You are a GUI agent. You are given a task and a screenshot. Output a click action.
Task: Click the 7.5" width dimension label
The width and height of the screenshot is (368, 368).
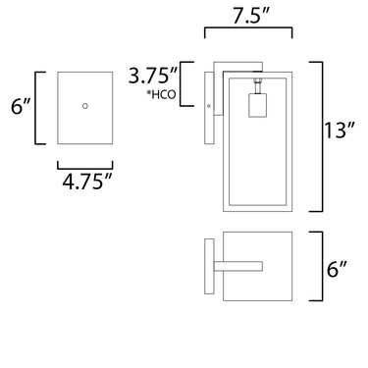pyautogui.click(x=251, y=16)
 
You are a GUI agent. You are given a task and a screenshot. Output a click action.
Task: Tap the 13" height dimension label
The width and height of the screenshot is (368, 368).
pyautogui.click(x=340, y=131)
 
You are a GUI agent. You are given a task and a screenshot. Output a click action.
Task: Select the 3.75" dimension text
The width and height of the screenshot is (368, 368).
pyautogui.click(x=153, y=76)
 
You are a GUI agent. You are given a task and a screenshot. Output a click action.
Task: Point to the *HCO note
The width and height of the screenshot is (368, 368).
pyautogui.click(x=161, y=94)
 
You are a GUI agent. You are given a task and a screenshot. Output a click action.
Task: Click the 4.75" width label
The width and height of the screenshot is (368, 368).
pyautogui.click(x=87, y=182)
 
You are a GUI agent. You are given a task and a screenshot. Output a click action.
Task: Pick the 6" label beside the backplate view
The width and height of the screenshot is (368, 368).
pyautogui.click(x=21, y=106)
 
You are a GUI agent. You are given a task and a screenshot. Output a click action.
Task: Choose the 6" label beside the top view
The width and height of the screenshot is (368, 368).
pyautogui.click(x=337, y=270)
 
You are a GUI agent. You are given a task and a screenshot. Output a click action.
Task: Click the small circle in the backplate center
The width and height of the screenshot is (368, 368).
pyautogui.click(x=85, y=106)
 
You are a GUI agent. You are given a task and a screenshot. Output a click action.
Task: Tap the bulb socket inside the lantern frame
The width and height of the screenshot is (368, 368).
pyautogui.click(x=257, y=105)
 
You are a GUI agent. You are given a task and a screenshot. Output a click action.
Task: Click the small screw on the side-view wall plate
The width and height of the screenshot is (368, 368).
pyautogui.click(x=209, y=106)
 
